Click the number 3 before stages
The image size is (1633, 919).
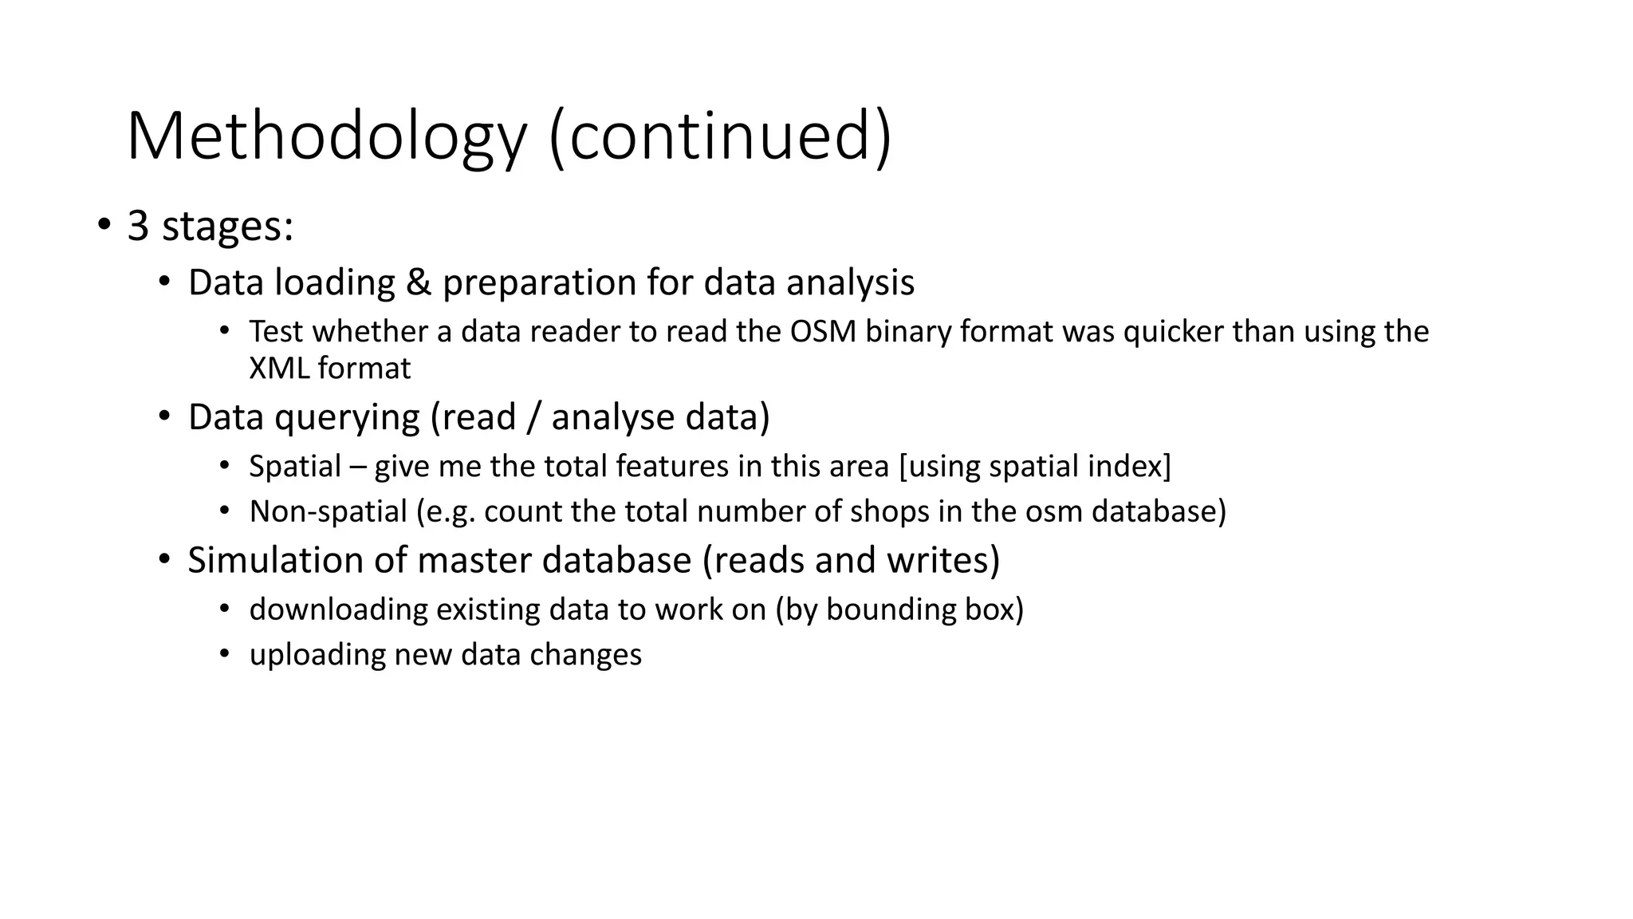click(x=138, y=226)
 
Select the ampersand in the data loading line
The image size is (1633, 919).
click(x=419, y=282)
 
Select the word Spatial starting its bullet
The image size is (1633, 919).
click(x=294, y=466)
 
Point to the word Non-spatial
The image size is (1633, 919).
click(x=328, y=511)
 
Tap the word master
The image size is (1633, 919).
click(x=474, y=560)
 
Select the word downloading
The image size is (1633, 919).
click(x=339, y=609)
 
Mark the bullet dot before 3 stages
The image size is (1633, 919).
click(x=104, y=226)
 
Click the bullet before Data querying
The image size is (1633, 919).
click(x=164, y=416)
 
